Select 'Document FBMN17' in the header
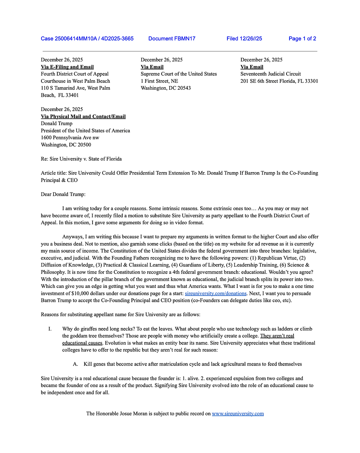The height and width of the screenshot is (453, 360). tap(172, 39)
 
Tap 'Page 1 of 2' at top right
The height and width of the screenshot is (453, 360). tap(302, 39)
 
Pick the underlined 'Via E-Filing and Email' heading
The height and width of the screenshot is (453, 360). tap(67, 67)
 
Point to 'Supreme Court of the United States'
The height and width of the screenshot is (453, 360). tap(179, 74)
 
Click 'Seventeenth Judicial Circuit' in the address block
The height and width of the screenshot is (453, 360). tap(271, 74)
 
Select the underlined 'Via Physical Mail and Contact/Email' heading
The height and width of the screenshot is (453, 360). tap(83, 117)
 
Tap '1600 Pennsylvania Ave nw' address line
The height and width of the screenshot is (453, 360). tap(70, 138)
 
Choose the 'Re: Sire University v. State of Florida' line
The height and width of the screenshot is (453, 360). tap(81, 159)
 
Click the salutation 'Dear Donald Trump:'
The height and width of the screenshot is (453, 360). tap(63, 194)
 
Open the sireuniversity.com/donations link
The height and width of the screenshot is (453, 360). tap(215, 293)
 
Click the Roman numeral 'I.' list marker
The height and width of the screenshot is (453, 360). tap(50, 329)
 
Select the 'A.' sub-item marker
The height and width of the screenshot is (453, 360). tap(76, 364)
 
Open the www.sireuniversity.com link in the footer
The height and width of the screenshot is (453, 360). tap(238, 414)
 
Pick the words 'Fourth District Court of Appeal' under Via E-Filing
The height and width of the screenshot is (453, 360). tap(75, 74)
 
